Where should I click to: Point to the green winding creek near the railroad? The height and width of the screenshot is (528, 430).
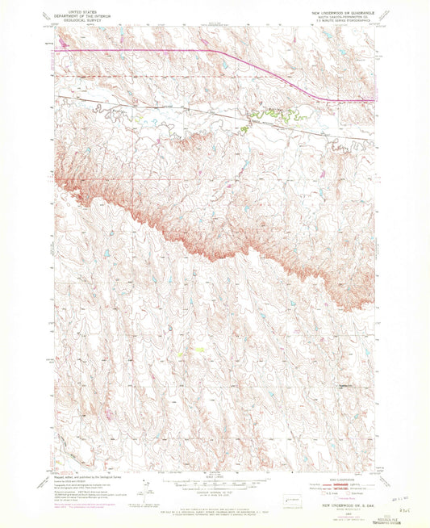coord(274,115)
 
